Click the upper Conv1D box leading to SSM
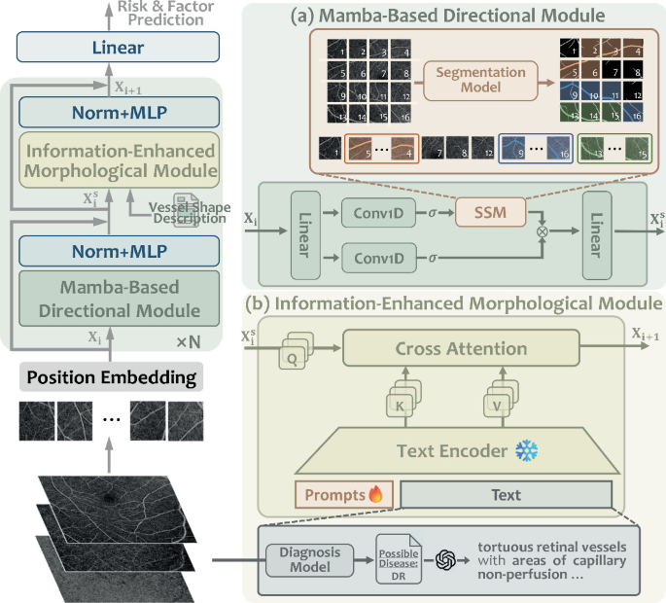tap(375, 211)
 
